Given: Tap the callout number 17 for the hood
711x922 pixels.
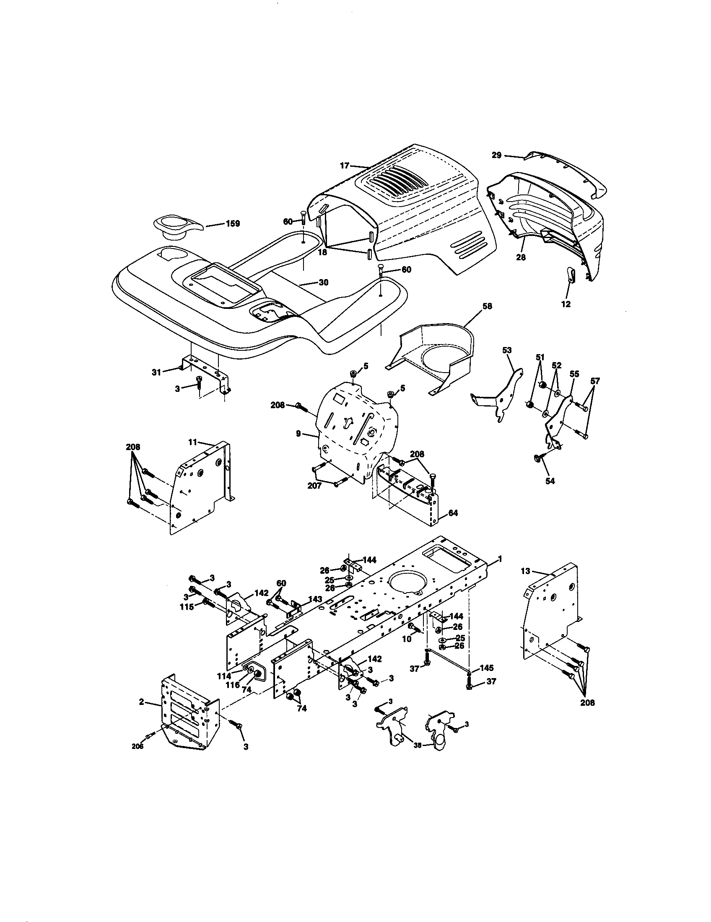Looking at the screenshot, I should tap(345, 166).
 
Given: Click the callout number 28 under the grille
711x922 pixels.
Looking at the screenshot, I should tap(521, 256).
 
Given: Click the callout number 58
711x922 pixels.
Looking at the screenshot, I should tap(487, 306).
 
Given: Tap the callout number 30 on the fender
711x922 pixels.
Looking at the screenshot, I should tap(323, 282).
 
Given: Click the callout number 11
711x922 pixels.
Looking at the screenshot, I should tap(192, 442).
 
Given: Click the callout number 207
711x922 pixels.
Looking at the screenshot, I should tap(314, 486).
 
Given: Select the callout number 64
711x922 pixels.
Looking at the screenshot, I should tap(453, 513).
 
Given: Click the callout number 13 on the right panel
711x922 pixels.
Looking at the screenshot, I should tap(525, 571).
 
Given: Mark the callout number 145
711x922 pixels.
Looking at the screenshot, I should tap(487, 668).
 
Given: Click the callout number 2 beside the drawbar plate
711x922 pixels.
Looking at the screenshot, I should tap(141, 702).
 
